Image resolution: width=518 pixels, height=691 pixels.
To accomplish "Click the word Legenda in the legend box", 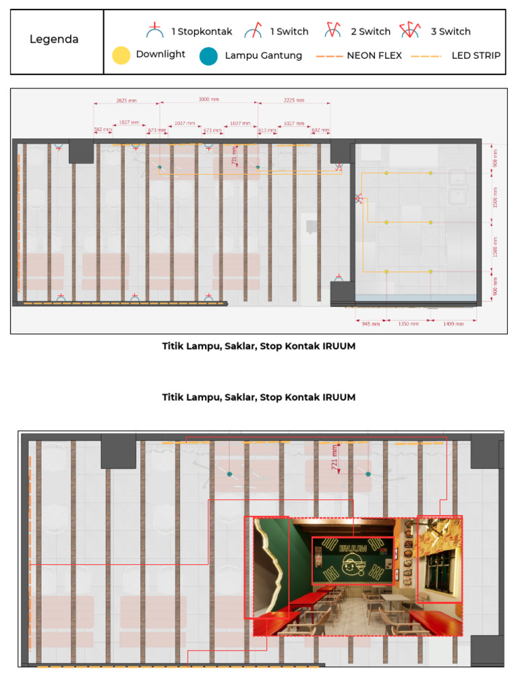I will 54,39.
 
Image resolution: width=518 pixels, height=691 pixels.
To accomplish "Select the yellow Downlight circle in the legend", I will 121,55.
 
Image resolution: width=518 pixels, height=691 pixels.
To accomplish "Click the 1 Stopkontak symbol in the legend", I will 155,30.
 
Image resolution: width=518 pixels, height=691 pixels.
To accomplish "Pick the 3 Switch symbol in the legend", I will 409,30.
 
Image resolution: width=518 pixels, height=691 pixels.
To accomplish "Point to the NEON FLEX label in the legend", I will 374,56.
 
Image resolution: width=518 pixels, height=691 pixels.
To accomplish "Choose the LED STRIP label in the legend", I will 476,56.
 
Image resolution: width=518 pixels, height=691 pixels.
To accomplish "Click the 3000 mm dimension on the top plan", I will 208,99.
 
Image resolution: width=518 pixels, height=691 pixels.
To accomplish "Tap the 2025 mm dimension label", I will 126,100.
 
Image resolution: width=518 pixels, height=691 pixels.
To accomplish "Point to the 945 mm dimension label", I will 371,324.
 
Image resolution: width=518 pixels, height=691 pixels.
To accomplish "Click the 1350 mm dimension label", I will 408,324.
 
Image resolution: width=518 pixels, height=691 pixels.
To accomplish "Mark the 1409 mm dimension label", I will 454,324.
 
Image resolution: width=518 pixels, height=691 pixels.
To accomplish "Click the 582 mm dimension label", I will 103,130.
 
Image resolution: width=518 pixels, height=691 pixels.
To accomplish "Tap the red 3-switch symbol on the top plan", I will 359,198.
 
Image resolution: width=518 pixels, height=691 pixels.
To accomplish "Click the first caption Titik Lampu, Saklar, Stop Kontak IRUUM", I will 258,346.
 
